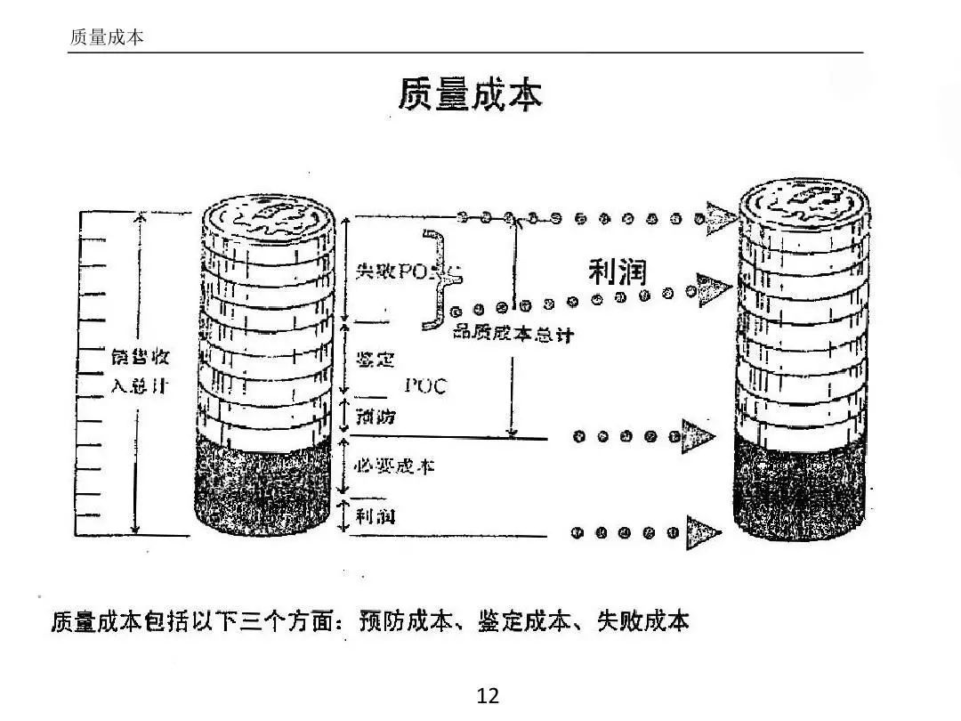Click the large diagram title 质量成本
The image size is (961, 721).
tap(469, 95)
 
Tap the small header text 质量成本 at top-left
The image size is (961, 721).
tap(106, 37)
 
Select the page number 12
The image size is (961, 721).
tap(489, 695)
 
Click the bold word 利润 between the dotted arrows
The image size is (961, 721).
tap(617, 271)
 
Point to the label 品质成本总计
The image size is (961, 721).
tap(513, 334)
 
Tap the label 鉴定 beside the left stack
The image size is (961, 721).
tap(375, 360)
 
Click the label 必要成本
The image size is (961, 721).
tap(394, 465)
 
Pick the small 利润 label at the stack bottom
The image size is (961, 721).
tap(375, 516)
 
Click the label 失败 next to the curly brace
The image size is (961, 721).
tap(371, 271)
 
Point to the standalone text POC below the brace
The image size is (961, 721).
tap(425, 385)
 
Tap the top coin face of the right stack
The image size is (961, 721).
tap(804, 201)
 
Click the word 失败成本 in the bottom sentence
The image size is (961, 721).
tap(642, 621)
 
